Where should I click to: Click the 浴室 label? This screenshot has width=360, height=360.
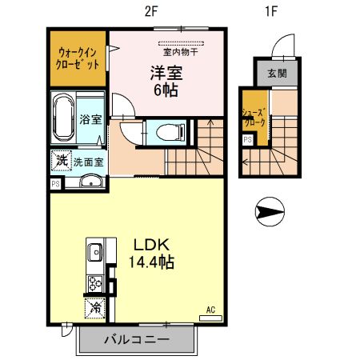point(90,120)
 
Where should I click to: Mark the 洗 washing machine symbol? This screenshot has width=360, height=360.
point(62,160)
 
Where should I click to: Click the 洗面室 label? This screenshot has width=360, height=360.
point(88,162)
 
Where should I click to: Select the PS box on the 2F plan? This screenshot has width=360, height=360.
point(55,183)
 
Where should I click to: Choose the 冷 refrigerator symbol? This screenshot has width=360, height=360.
point(94,307)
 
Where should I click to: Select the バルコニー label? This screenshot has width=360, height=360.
point(136,339)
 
